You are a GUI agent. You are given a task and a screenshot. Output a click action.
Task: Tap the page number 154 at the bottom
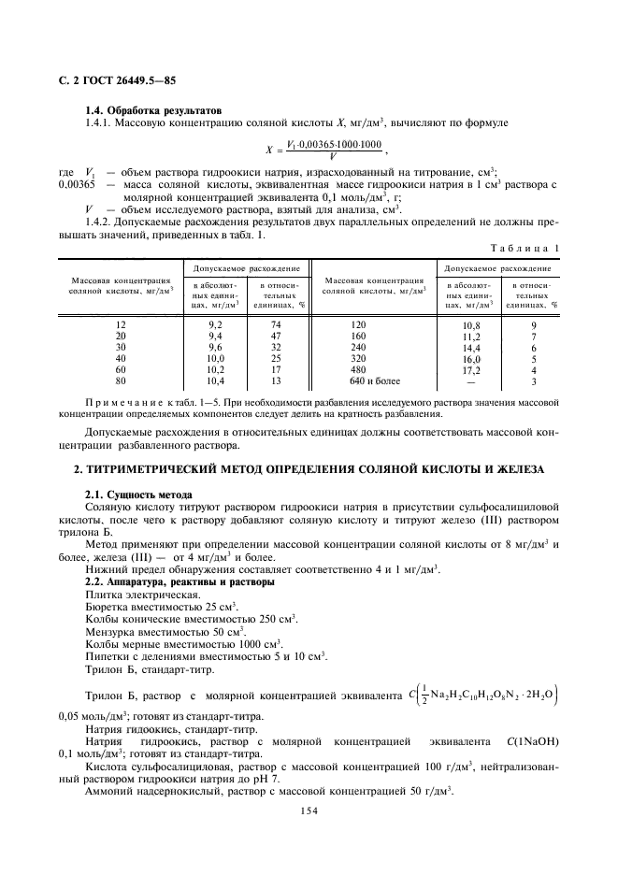pos(309,811)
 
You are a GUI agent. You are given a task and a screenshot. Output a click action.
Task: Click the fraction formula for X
pos(323,150)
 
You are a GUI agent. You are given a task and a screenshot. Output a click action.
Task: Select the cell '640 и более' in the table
pos(374,381)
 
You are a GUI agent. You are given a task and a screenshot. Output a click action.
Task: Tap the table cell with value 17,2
pos(470,369)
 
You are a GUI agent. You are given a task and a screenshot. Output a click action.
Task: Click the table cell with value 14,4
pos(470,346)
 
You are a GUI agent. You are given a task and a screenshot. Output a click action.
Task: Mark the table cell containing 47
pos(276,334)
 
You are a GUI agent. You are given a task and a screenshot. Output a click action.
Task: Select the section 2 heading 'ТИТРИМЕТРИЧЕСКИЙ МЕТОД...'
pos(309,467)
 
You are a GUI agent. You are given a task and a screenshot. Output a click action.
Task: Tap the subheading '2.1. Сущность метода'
pos(138,494)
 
